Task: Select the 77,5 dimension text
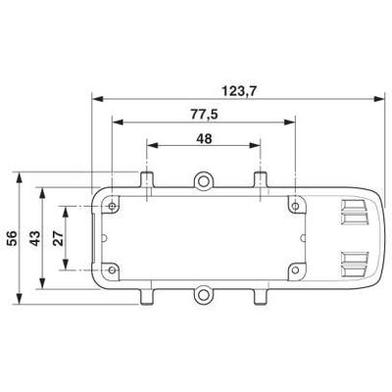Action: pos(204,114)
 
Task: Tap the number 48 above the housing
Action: pos(204,138)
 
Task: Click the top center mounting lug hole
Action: pos(204,179)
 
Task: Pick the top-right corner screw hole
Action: pos(294,205)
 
